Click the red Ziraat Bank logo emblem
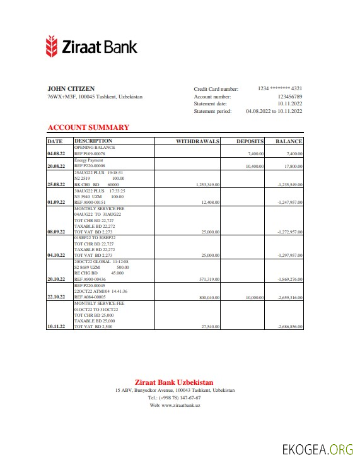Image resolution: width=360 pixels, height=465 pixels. pyautogui.click(x=52, y=47)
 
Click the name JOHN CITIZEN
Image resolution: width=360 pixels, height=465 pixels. pyautogui.click(x=71, y=88)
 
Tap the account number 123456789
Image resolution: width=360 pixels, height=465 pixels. pyautogui.click(x=290, y=97)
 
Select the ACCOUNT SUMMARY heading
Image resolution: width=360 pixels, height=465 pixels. pyautogui.click(x=88, y=127)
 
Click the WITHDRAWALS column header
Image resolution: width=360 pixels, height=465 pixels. pyautogui.click(x=197, y=141)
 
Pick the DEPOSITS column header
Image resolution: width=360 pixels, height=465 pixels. pyautogui.click(x=250, y=141)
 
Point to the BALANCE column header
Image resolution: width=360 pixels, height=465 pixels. pyautogui.click(x=289, y=141)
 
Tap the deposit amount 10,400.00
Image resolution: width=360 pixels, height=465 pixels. pyautogui.click(x=255, y=166)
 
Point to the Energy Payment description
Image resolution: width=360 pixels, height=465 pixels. pyautogui.click(x=89, y=160)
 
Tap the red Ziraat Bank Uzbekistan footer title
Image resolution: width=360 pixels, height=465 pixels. pyautogui.click(x=174, y=382)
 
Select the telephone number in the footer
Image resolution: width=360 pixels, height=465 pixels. pyautogui.click(x=175, y=398)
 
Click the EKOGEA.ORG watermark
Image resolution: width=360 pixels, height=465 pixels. pyautogui.click(x=316, y=449)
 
